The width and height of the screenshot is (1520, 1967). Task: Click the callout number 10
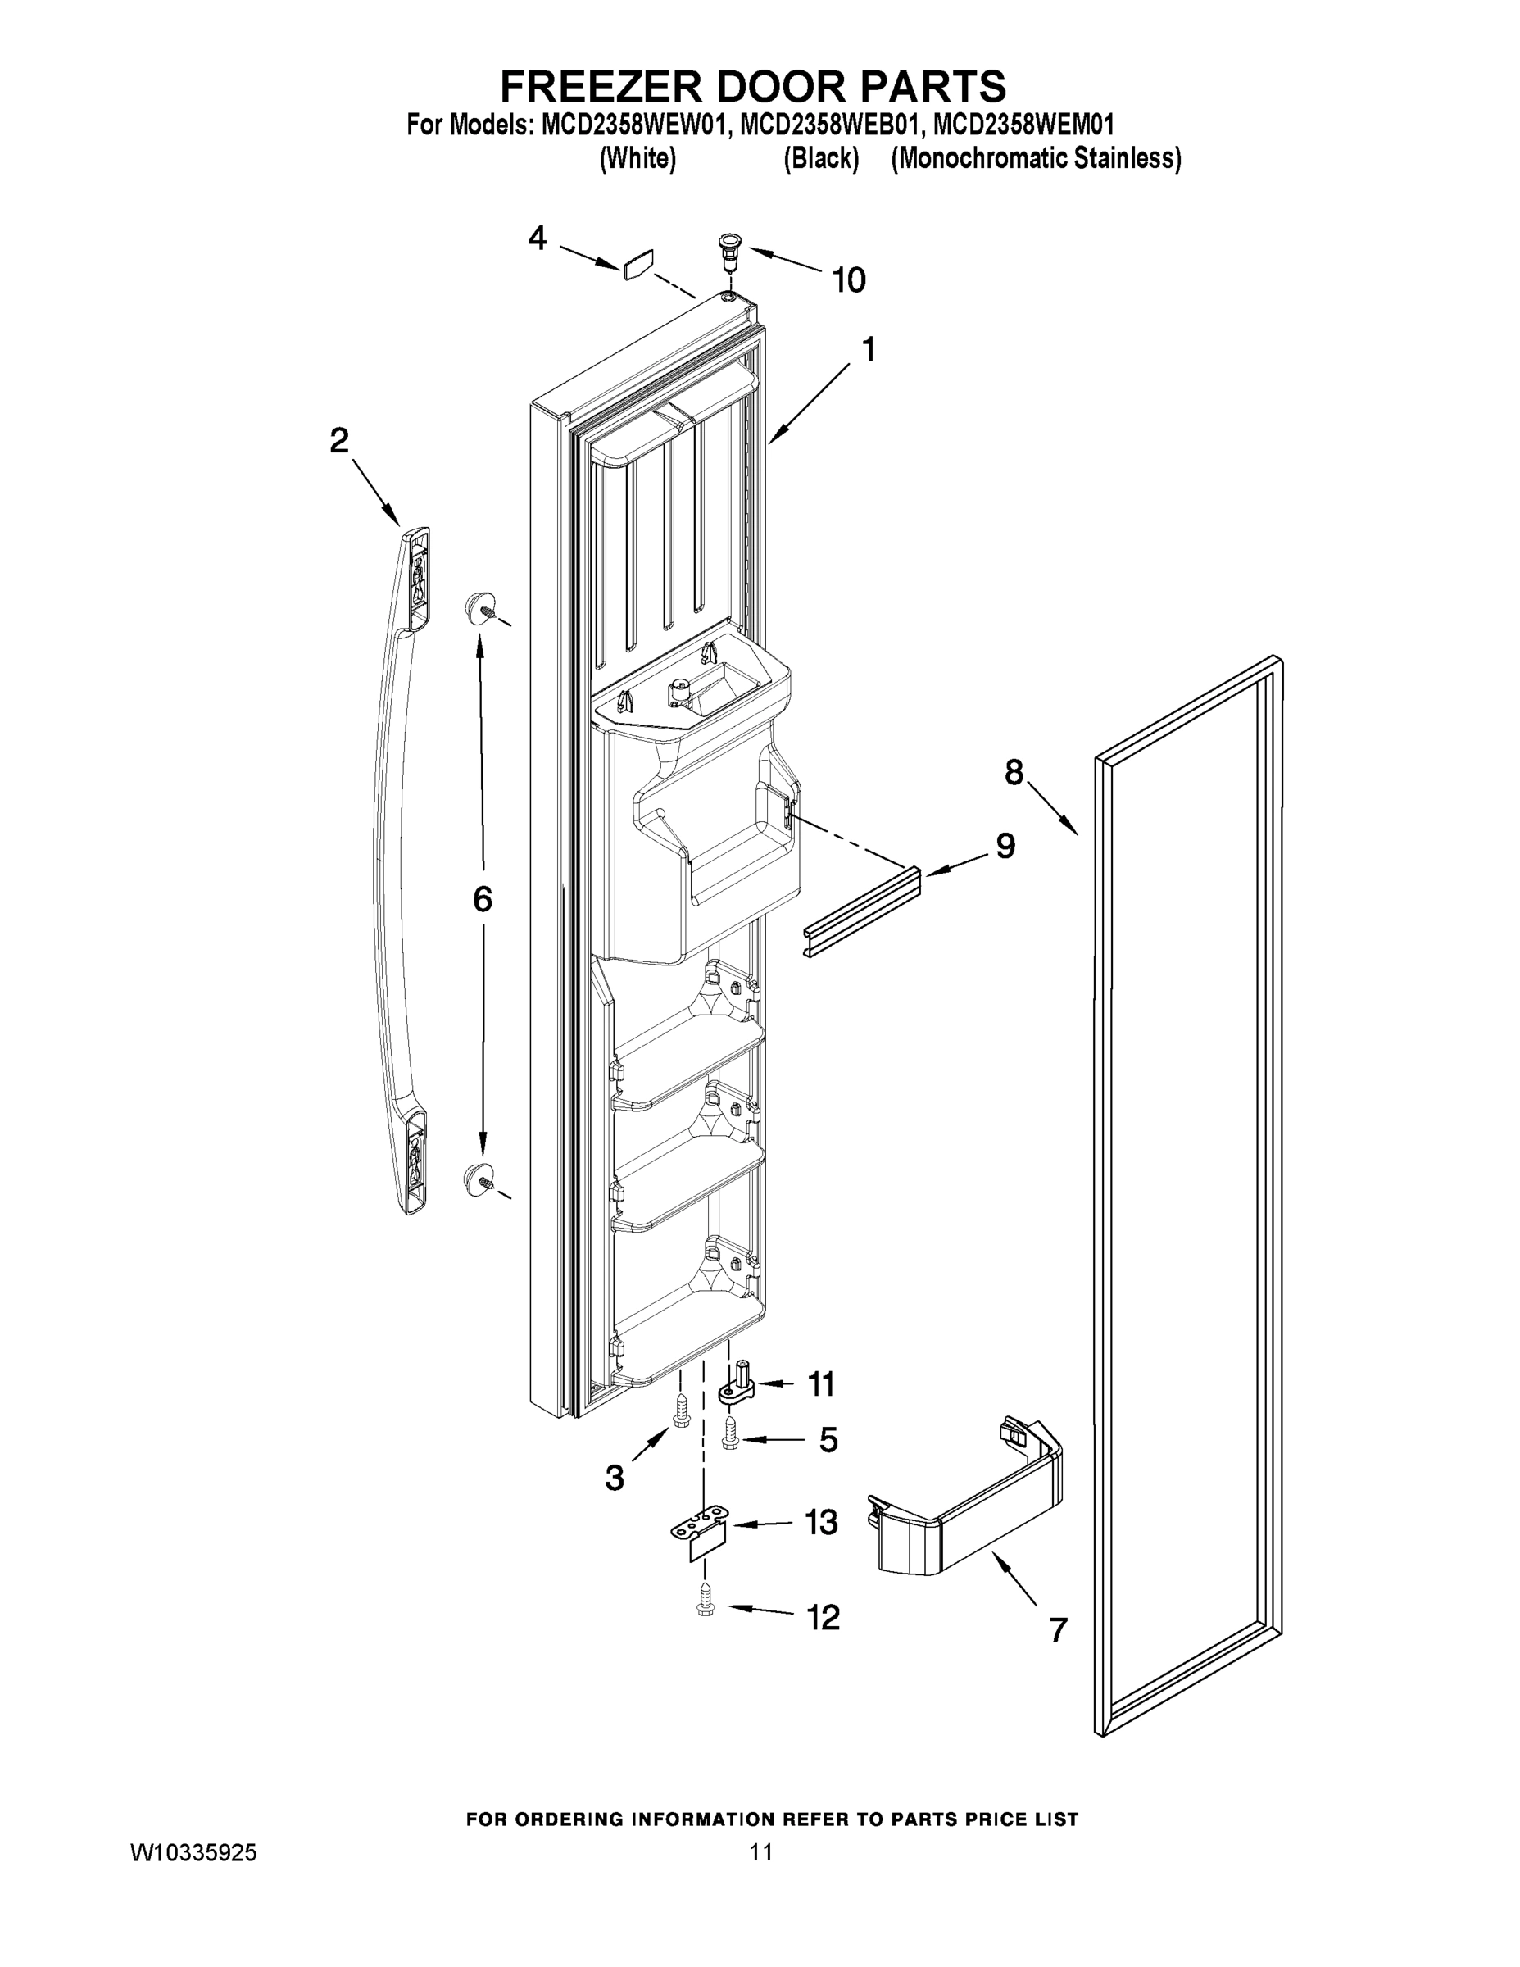pos(848,280)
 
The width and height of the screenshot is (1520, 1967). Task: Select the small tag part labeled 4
pos(637,265)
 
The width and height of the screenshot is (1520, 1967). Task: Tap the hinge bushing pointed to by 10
pos(728,245)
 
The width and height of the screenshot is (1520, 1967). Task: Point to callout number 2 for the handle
pos(338,440)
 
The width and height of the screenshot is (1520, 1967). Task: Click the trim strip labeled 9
pos(863,913)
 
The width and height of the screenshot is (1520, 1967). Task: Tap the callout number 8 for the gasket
pos(1014,772)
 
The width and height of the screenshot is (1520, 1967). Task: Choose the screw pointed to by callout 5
pos(730,1438)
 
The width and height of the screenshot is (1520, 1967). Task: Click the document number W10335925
pos(193,1852)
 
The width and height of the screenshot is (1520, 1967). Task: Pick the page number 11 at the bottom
pos(761,1852)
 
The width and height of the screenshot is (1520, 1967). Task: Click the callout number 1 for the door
pos(868,349)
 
